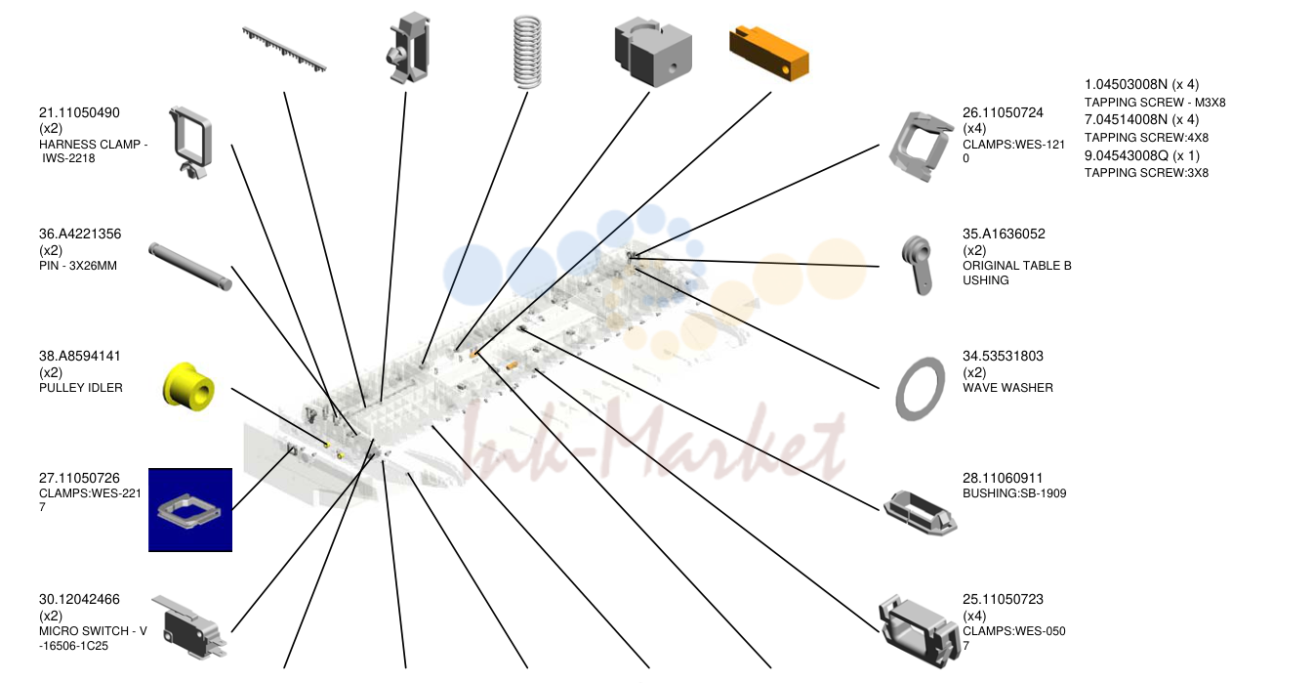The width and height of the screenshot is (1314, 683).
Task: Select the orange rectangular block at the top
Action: tap(768, 54)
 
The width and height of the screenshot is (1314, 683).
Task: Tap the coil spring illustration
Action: tap(527, 52)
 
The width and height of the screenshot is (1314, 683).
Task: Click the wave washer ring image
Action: tap(920, 389)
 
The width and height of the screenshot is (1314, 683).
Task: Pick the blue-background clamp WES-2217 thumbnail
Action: tap(190, 510)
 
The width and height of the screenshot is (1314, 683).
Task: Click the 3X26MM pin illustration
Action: tap(190, 267)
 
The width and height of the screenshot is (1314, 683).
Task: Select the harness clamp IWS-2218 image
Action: tap(190, 142)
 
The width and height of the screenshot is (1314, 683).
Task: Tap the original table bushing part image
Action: tap(917, 264)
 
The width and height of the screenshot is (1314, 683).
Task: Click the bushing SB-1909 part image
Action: tap(920, 513)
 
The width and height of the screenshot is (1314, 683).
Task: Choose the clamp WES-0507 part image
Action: tap(918, 631)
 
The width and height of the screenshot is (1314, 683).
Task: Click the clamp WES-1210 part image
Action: tap(920, 147)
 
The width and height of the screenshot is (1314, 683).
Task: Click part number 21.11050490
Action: tap(79, 112)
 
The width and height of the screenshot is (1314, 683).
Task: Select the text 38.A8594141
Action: tap(80, 356)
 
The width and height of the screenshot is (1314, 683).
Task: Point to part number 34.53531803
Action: tap(1004, 356)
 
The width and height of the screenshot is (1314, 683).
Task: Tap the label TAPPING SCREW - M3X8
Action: tap(1155, 103)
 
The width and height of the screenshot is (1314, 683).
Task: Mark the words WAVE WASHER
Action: tap(1007, 388)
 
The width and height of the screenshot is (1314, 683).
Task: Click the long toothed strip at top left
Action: tap(284, 49)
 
